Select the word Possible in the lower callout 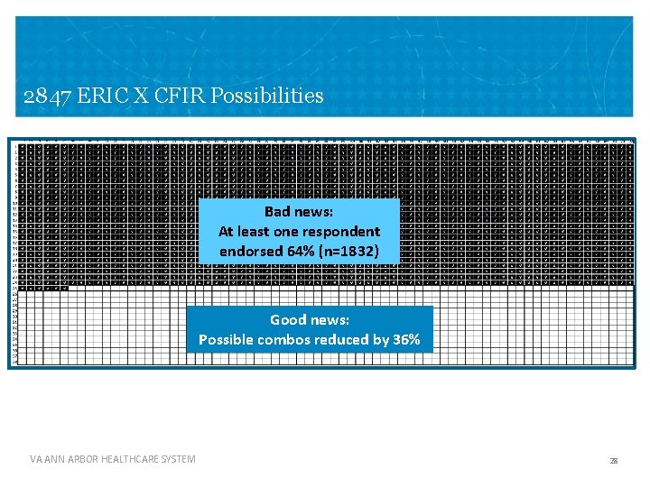(x=227, y=339)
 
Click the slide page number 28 (x=614, y=461)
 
